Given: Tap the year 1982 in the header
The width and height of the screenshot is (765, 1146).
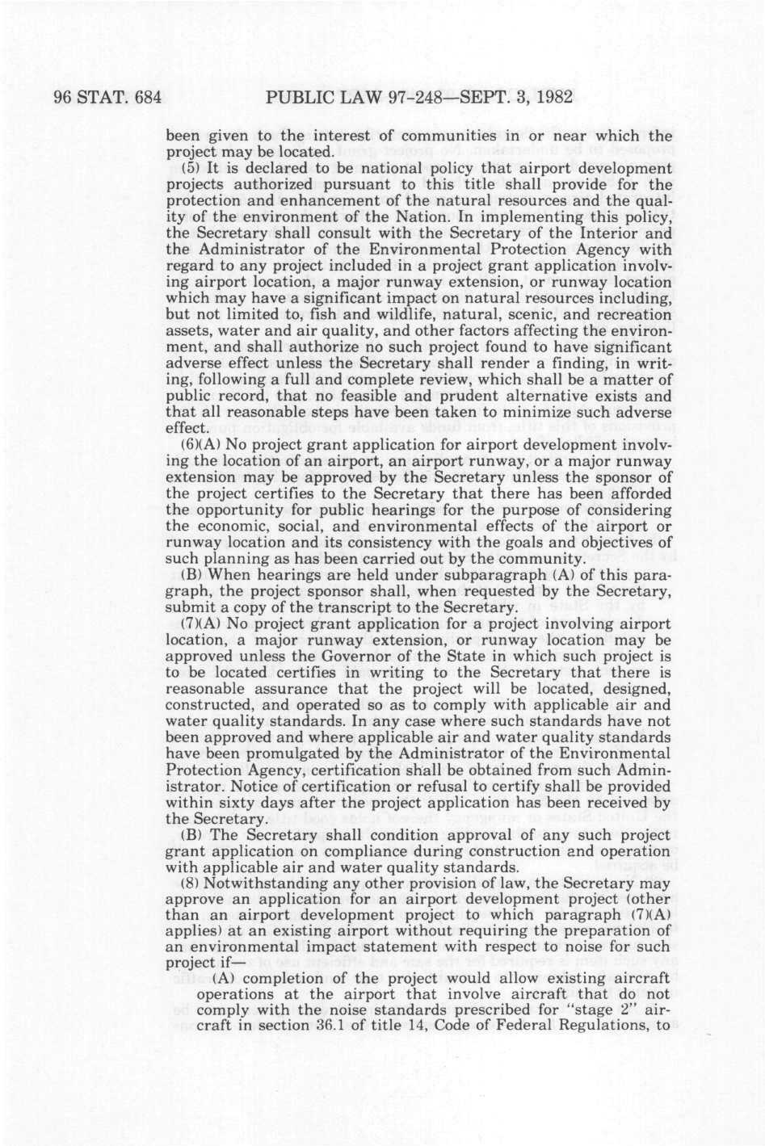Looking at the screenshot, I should pos(551,98).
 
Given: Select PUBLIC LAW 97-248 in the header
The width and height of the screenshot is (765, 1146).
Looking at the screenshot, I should pos(345,98).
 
